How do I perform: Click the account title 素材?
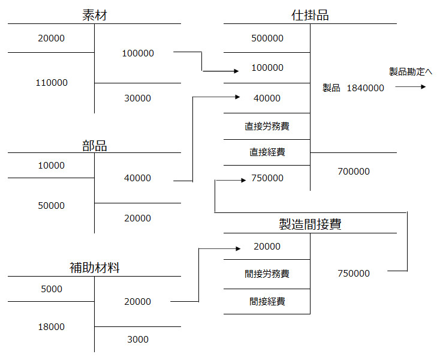click(x=94, y=16)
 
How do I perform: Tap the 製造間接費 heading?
click(x=310, y=224)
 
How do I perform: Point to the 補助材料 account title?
click(x=94, y=268)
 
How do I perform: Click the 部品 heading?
click(x=94, y=145)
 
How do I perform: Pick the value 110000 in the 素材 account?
click(x=52, y=83)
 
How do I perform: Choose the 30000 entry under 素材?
click(x=137, y=98)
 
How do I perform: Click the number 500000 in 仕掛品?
click(x=267, y=38)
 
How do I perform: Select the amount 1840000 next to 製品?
click(x=365, y=88)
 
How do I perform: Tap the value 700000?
click(x=353, y=172)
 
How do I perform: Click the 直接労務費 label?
click(x=267, y=127)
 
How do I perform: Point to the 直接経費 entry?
click(x=267, y=152)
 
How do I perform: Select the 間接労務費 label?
click(x=267, y=274)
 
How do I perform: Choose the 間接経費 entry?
click(x=267, y=301)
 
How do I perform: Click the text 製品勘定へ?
click(x=411, y=72)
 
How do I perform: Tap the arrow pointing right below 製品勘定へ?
click(x=411, y=88)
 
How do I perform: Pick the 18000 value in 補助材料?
click(x=52, y=327)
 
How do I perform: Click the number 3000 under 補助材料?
click(x=137, y=340)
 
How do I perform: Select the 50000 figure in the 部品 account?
click(x=52, y=206)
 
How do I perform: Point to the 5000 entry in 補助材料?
click(x=52, y=289)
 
